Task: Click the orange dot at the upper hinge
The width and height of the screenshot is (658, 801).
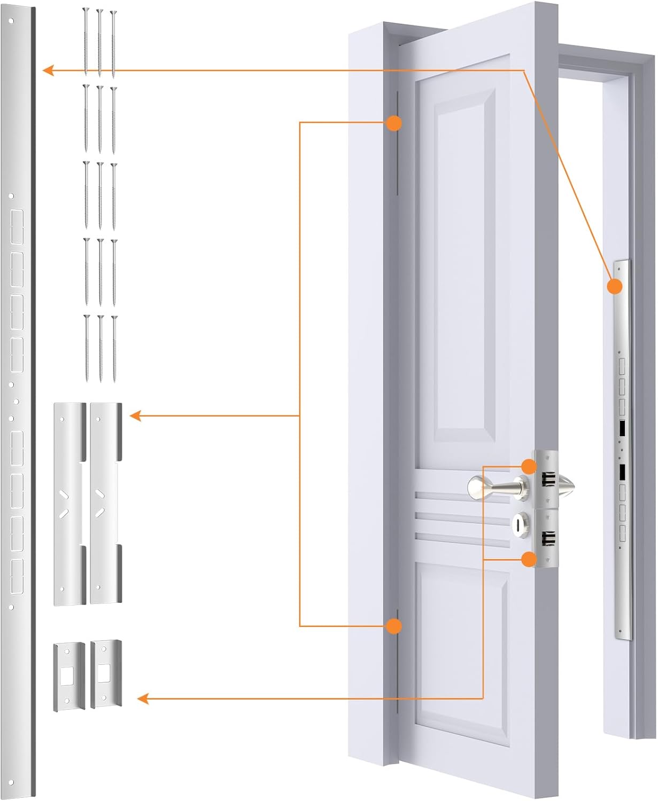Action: pos(393,123)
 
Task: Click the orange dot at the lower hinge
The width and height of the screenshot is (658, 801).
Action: pos(393,626)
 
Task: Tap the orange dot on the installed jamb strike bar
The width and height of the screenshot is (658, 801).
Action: pos(615,287)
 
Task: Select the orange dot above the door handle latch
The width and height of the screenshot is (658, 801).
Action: pos(529,466)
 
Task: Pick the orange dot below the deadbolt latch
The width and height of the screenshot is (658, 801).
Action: pos(529,559)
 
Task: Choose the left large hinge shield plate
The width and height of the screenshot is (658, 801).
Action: pos(69,504)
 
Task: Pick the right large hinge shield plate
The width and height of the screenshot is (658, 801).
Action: pos(106,503)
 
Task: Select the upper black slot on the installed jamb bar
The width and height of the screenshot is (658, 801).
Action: pos(622,429)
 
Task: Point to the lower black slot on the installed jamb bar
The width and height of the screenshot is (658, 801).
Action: pos(622,472)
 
